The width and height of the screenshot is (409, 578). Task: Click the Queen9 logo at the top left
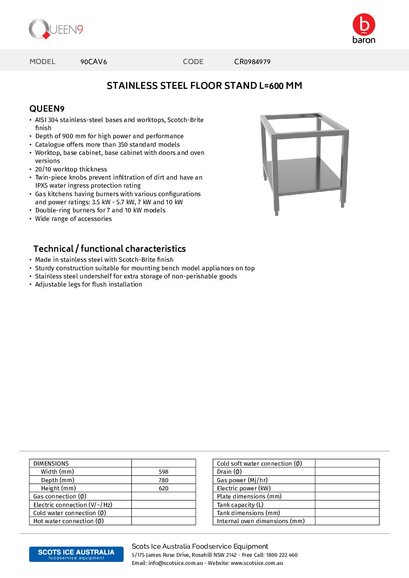pos(56,29)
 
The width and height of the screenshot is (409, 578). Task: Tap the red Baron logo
pos(363,28)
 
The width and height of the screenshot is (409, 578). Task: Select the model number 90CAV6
pos(94,62)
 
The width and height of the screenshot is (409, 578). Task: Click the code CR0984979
pos(252,62)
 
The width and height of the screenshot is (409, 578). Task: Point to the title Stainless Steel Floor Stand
pos(204,86)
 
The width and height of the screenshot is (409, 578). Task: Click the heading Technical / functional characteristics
pos(109,249)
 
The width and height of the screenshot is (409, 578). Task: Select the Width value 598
pos(164,472)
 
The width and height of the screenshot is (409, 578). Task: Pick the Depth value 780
pos(164,480)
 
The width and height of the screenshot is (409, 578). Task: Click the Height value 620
pos(164,488)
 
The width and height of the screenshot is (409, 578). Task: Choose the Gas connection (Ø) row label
pos(60,497)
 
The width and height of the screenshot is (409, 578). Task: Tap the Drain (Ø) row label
pos(229,472)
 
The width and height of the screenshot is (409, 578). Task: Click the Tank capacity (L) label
pos(240,505)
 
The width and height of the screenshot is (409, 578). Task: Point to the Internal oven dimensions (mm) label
pos(261,521)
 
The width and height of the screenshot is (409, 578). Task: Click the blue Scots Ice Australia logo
pos(76,554)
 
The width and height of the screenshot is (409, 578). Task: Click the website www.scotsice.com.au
pos(257,563)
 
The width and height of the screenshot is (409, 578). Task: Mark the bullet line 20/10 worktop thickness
pos(71,170)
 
